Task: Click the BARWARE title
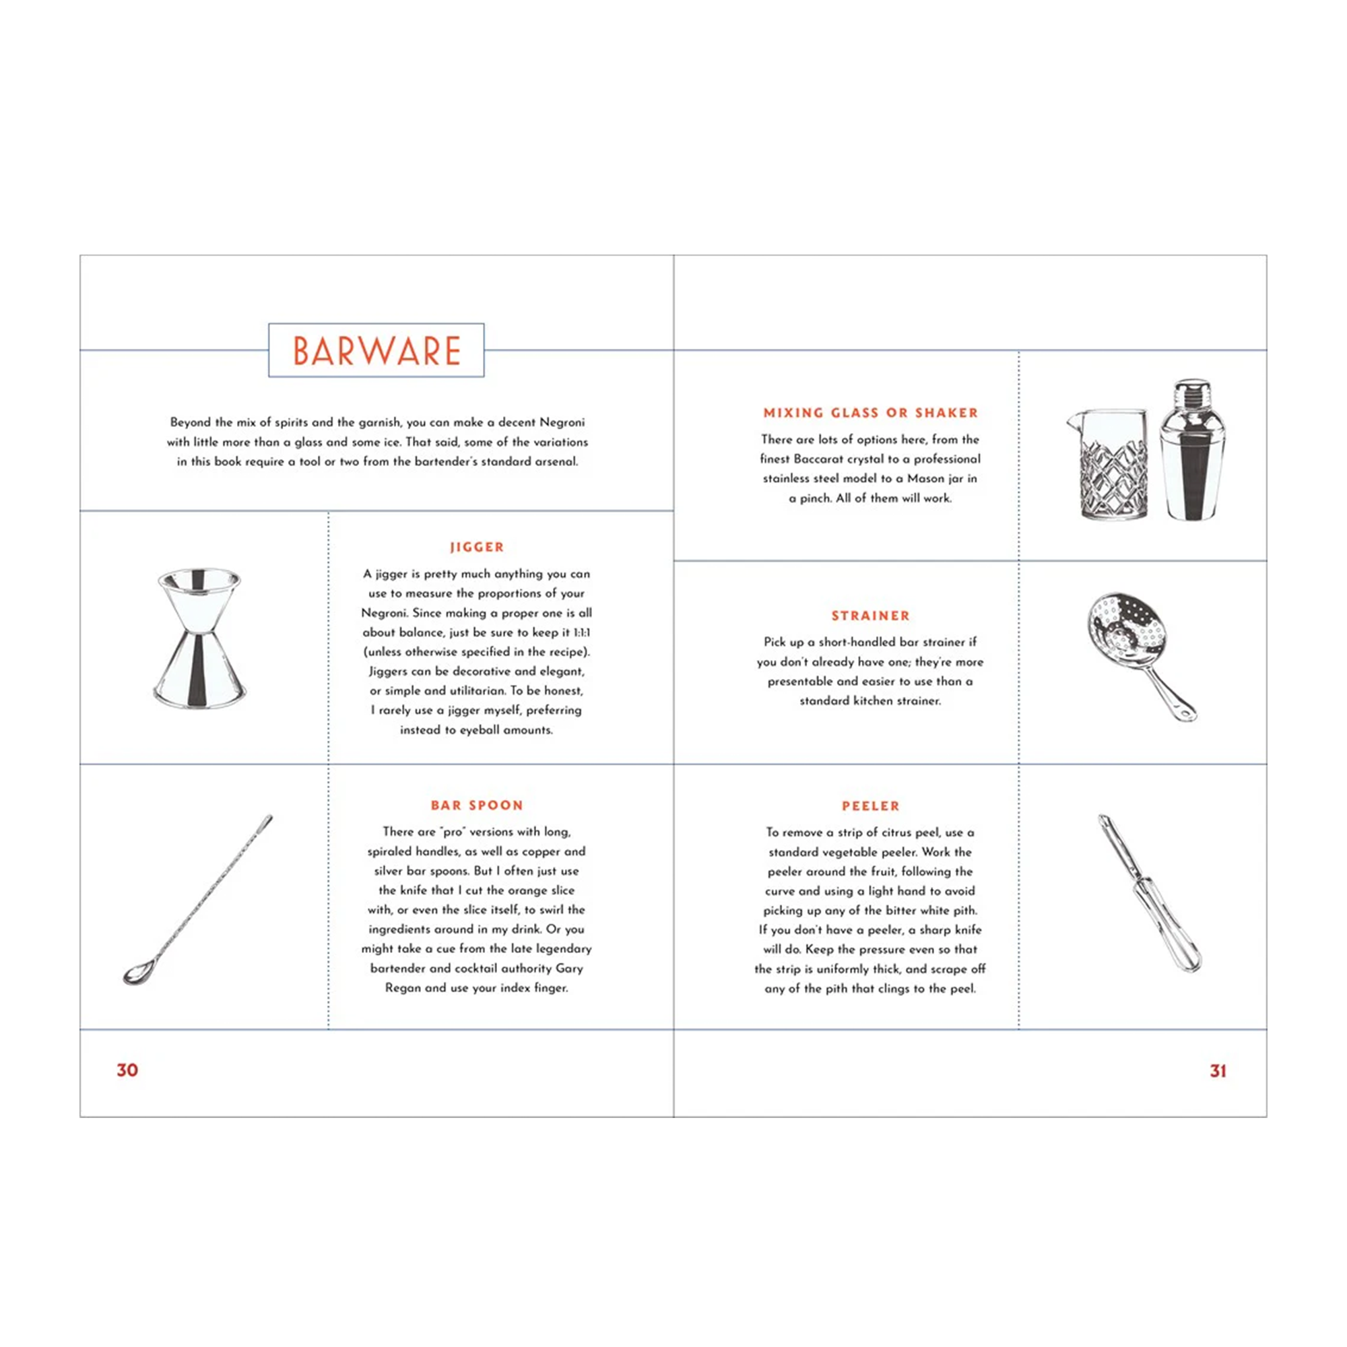376,351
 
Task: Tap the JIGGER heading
477,548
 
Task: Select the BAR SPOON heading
477,806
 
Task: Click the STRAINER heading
871,616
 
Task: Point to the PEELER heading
871,806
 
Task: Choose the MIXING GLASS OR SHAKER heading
871,413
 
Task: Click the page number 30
127,1070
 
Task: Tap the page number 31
1218,1071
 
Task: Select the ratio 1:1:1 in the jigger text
581,632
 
